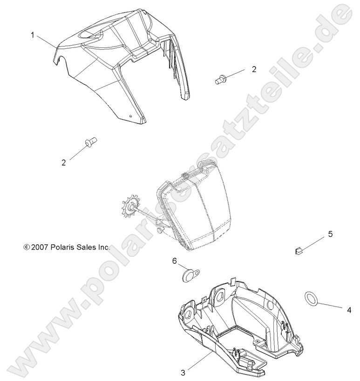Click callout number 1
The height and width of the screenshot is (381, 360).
(x=33, y=34)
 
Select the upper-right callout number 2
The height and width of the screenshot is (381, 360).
(x=254, y=69)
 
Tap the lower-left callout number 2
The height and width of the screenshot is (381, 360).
(x=64, y=162)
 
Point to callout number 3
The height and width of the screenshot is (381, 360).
(x=184, y=372)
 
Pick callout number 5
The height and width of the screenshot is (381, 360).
(x=331, y=234)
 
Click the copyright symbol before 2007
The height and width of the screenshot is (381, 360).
(x=26, y=248)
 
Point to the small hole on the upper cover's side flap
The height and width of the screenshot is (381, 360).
(x=131, y=116)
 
